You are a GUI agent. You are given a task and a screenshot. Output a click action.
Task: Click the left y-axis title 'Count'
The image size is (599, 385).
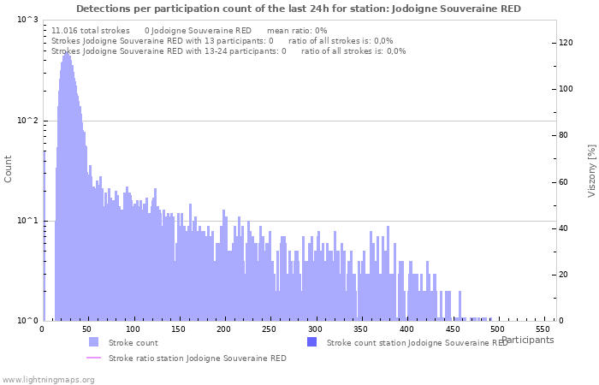(9, 169)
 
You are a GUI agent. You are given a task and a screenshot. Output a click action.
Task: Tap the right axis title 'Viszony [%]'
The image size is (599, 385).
(590, 170)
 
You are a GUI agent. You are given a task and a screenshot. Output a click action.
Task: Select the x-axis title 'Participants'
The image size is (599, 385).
(527, 340)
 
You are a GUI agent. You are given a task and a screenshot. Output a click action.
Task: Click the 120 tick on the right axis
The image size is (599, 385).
(566, 43)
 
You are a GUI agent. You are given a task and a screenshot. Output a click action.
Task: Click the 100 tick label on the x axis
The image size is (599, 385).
(133, 329)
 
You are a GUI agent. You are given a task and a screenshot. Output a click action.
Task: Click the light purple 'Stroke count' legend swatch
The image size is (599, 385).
(93, 342)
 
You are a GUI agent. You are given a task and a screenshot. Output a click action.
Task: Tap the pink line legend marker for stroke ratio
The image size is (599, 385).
(93, 358)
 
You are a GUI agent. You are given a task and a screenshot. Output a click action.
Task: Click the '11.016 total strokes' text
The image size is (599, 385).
(91, 30)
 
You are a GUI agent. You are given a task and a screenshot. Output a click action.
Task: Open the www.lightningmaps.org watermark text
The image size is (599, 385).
(49, 379)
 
